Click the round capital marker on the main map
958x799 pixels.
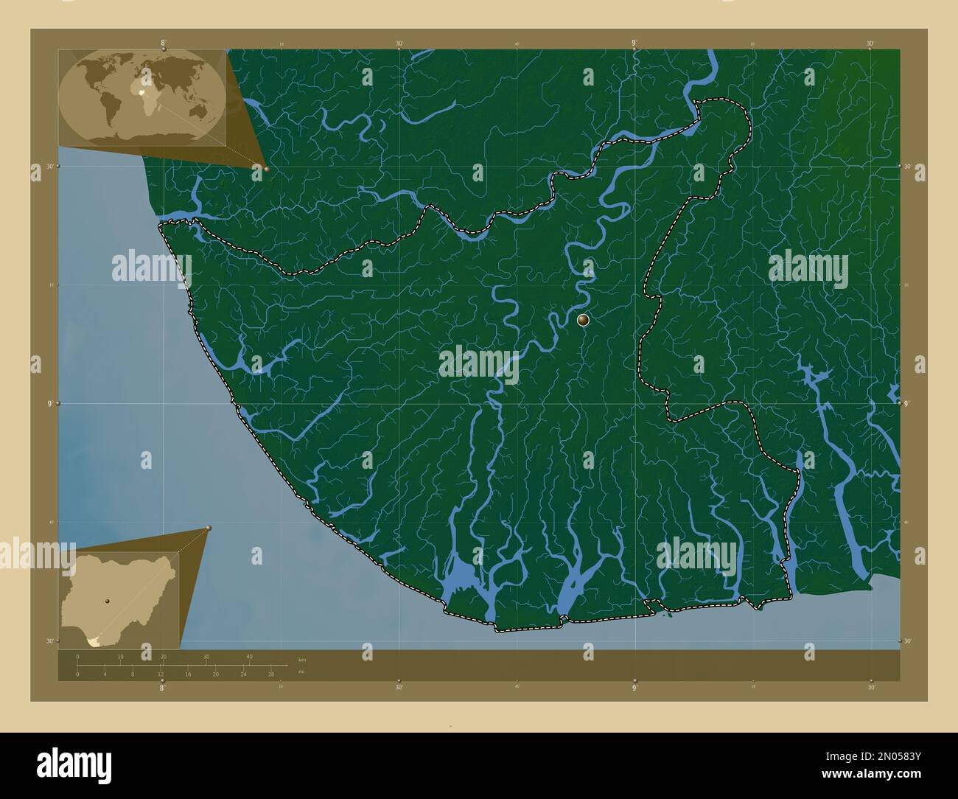[583, 320]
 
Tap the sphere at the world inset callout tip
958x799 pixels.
[266, 169]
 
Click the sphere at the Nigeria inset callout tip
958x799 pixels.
[209, 528]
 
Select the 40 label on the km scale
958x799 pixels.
[249, 656]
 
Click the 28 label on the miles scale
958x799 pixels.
[271, 674]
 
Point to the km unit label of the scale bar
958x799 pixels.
[302, 659]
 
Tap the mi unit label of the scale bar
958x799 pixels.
[302, 671]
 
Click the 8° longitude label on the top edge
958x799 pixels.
[163, 43]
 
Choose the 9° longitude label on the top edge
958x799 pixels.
[634, 43]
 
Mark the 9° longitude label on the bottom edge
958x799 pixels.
[634, 687]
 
